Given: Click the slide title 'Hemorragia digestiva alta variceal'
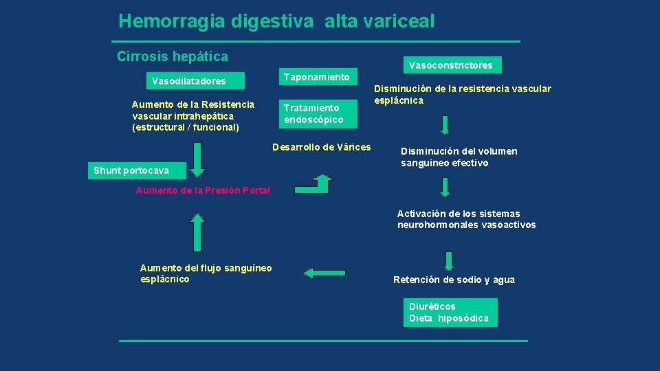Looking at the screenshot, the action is click(276, 21).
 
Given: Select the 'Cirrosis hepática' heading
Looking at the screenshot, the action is click(173, 56).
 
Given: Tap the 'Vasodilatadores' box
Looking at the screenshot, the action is click(189, 81).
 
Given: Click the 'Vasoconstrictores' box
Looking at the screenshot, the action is click(450, 65).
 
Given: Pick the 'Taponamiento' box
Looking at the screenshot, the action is click(317, 77).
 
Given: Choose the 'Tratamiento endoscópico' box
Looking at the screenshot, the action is click(317, 114).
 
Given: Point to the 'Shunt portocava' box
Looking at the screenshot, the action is click(131, 170).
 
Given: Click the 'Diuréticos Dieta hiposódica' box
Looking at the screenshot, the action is click(449, 313).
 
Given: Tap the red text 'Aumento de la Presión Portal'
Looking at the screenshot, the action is click(203, 190).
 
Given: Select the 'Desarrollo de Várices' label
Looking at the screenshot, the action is click(322, 147).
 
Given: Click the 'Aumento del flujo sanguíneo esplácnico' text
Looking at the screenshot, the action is click(206, 273).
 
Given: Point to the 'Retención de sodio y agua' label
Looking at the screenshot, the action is click(454, 280).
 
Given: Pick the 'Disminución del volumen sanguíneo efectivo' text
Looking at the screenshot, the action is click(459, 157).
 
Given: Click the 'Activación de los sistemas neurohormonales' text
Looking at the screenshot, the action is click(466, 219).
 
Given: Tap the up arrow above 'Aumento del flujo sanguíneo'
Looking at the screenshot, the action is click(197, 232).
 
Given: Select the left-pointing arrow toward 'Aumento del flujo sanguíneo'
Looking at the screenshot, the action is click(324, 273).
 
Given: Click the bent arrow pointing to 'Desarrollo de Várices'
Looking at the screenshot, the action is click(313, 183).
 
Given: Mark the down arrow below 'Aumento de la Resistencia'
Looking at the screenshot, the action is click(197, 160).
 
